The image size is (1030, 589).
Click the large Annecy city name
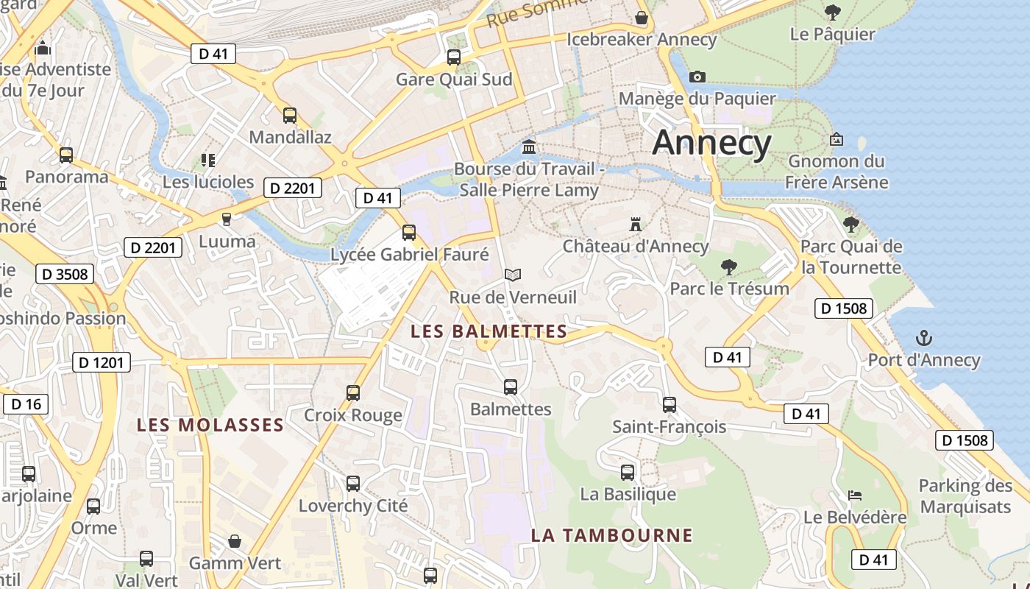(711, 142)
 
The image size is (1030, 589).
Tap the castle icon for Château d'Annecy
(635, 224)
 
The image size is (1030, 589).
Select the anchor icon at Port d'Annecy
(923, 338)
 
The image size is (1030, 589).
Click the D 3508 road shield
(65, 275)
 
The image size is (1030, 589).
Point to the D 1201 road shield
(102, 362)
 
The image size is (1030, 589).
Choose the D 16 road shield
(26, 404)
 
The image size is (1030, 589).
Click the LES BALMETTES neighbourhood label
(489, 331)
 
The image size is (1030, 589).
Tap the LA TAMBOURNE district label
(612, 535)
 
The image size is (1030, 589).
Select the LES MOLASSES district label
(210, 425)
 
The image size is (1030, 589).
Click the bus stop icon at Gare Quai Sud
(454, 57)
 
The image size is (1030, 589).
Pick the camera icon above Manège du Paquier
(697, 77)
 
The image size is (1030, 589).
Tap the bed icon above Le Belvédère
(854, 495)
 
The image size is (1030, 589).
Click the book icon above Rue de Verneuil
(513, 275)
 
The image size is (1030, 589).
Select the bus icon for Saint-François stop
(669, 404)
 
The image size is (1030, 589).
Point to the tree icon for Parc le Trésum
(729, 267)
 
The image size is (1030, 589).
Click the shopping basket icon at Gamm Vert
(235, 541)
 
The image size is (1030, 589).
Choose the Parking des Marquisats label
(965, 496)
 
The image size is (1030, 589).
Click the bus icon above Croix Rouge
(353, 392)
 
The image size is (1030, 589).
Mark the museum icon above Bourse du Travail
(528, 147)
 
